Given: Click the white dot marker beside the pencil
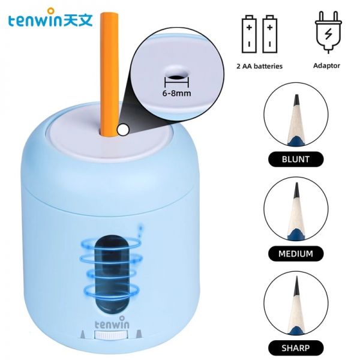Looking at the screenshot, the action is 123,130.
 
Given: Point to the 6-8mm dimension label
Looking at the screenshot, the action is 176,93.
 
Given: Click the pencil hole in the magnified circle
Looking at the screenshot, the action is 176,77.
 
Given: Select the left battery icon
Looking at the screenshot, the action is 249,34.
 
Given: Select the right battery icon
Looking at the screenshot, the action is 270,34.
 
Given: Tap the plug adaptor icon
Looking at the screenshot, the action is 328,32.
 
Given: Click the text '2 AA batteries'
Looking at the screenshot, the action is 259,67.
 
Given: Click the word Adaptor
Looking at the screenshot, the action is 326,65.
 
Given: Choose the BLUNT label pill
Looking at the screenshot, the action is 296,159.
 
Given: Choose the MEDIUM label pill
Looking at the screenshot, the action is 296,254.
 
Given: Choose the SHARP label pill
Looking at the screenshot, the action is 296,348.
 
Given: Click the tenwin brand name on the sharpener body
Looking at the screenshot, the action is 112,323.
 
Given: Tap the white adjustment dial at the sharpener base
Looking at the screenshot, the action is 110,335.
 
